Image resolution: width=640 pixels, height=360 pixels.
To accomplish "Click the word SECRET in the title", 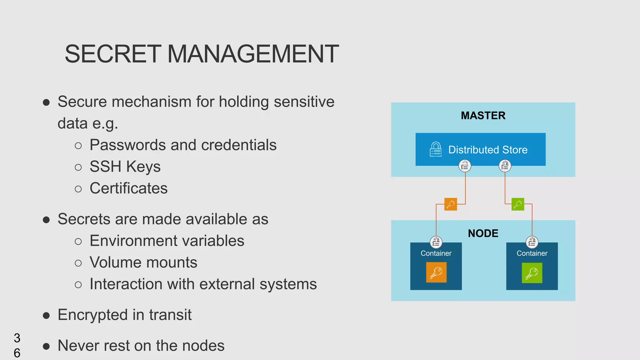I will point(113,54).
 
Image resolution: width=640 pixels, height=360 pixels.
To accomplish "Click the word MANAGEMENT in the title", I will point(253,54).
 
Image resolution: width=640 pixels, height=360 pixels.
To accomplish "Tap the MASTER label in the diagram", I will point(483,116).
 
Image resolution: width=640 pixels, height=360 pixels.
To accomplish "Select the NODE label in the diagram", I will point(483,233).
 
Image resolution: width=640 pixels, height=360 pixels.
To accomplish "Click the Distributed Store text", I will point(488,150).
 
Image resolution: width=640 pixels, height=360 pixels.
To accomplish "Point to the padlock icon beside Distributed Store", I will point(436,149).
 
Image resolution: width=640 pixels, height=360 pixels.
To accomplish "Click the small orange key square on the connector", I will point(451,204).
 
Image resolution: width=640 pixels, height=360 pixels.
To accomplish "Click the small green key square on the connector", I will point(518,204).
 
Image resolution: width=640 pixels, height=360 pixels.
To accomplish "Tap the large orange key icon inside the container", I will point(436,272).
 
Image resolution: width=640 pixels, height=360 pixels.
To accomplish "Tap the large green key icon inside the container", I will point(532,273).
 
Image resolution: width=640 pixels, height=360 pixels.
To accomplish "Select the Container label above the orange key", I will point(436,253).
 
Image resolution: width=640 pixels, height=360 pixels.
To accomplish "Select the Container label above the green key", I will point(532,253).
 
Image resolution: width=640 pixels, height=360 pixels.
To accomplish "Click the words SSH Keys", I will point(125,167).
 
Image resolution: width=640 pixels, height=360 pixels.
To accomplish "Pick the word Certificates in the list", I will point(128,188).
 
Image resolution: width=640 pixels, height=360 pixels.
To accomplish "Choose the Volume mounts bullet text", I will point(143,262).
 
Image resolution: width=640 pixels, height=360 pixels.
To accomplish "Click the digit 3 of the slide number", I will point(17,338).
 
